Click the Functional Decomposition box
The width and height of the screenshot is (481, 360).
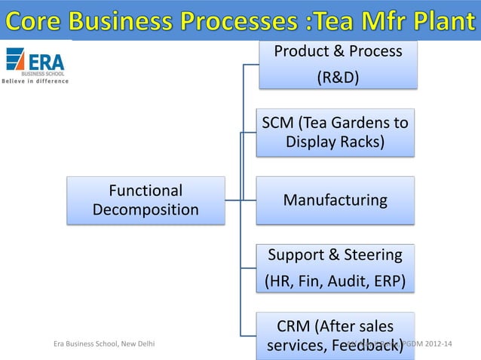tap(146, 200)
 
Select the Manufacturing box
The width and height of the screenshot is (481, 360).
tap(335, 200)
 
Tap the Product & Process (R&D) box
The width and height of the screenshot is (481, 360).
tap(337, 65)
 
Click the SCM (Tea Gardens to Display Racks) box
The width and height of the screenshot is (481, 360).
tap(335, 133)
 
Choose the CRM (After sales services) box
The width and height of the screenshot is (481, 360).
tap(335, 336)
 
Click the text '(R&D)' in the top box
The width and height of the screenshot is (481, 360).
tap(337, 79)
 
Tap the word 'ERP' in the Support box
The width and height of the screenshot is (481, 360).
tap(386, 282)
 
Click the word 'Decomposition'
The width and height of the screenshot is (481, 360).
tap(146, 209)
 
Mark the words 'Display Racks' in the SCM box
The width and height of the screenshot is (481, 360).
tap(335, 142)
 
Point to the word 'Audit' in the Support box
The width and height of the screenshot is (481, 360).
tap(345, 282)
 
